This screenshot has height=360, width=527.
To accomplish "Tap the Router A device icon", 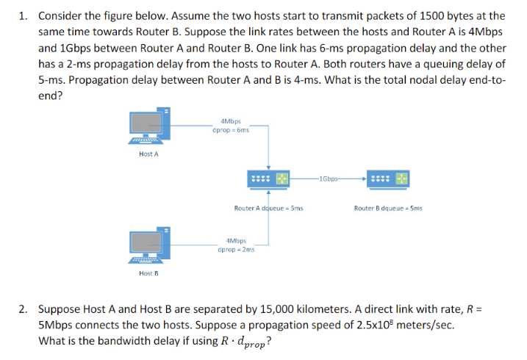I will (x=269, y=178).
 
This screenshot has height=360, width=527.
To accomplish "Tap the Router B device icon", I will (x=389, y=178).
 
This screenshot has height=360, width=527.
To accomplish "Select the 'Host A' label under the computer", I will (x=148, y=154).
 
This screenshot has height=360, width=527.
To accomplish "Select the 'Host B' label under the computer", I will (x=148, y=273).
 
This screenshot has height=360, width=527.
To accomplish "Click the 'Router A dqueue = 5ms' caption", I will (x=268, y=208).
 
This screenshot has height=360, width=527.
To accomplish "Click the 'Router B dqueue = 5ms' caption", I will (x=388, y=208).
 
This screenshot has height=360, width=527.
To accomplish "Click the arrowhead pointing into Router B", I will (x=364, y=178).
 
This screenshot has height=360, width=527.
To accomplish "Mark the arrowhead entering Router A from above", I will (x=269, y=167).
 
